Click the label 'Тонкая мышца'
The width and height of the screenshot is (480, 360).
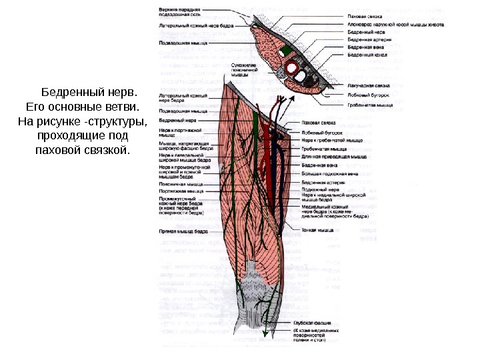tap(317, 230)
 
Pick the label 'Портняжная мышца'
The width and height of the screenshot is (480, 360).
tap(182, 191)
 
